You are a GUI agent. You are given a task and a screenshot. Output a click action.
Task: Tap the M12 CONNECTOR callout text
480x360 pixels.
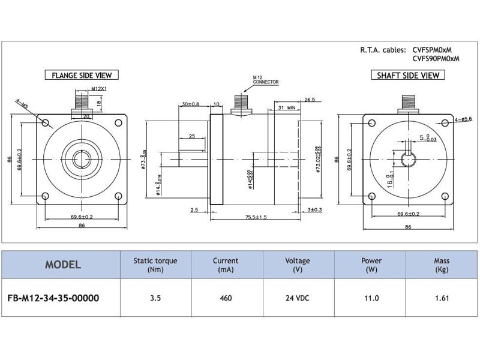coord(265,80)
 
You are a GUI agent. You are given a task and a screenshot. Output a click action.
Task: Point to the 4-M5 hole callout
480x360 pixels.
coord(23,106)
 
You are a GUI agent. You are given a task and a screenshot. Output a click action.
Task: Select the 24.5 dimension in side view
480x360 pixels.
coord(310,99)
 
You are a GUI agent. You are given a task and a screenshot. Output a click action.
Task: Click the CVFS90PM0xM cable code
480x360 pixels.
coord(436,59)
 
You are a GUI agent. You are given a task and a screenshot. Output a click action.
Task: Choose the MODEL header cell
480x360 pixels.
coord(63,265)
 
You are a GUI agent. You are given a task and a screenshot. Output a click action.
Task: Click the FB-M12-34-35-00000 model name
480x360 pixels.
coord(53,297)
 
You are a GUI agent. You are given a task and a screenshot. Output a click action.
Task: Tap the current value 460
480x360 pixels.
coord(225,297)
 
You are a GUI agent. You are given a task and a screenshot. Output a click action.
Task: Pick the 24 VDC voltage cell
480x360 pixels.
coord(298,297)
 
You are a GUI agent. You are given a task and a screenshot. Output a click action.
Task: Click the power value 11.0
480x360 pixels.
coord(370,297)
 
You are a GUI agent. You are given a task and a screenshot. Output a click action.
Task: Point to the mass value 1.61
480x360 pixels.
coord(442,297)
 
